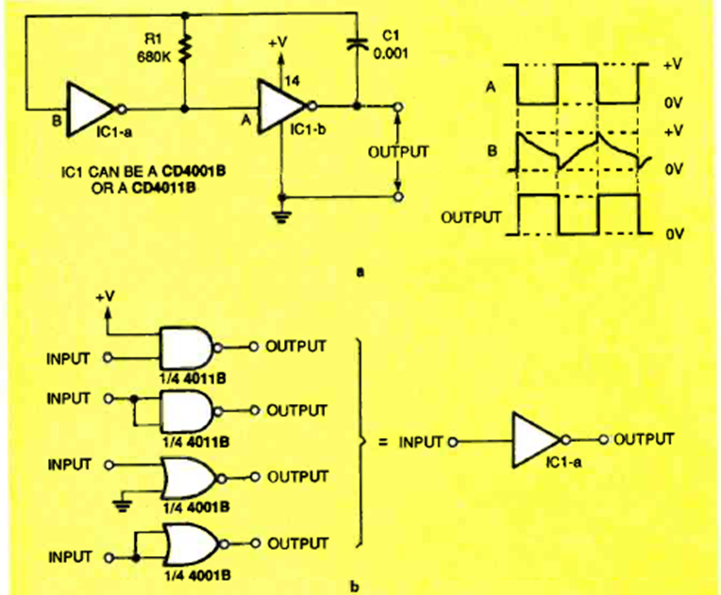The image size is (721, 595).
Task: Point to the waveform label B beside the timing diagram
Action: pyautogui.click(x=492, y=149)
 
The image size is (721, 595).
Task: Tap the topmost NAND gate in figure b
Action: pyautogui.click(x=189, y=347)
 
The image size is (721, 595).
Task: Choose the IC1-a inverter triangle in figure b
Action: pyautogui.click(x=535, y=438)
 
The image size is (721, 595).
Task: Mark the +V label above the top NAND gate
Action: pyautogui.click(x=108, y=301)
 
